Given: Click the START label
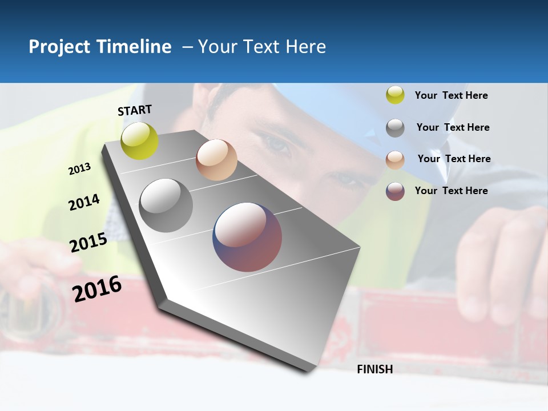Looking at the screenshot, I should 135,110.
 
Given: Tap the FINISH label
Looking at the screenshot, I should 374,369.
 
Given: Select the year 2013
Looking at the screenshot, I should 80,169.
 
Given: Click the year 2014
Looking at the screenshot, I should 84,202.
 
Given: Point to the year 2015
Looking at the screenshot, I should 88,243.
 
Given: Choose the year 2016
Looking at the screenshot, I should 97,288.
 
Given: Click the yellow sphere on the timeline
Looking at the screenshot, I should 140,141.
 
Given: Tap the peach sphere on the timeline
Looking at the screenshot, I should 216,160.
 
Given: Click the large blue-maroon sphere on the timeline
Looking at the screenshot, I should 247,237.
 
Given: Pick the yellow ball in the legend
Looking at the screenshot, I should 395,95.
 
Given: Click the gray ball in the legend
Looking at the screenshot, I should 395,128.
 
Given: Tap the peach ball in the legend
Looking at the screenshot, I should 395,160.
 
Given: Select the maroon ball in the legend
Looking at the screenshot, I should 395,191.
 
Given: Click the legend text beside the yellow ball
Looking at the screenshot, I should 451,96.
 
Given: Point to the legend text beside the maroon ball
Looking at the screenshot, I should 451,191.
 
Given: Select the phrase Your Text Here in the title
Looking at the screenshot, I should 262,47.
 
